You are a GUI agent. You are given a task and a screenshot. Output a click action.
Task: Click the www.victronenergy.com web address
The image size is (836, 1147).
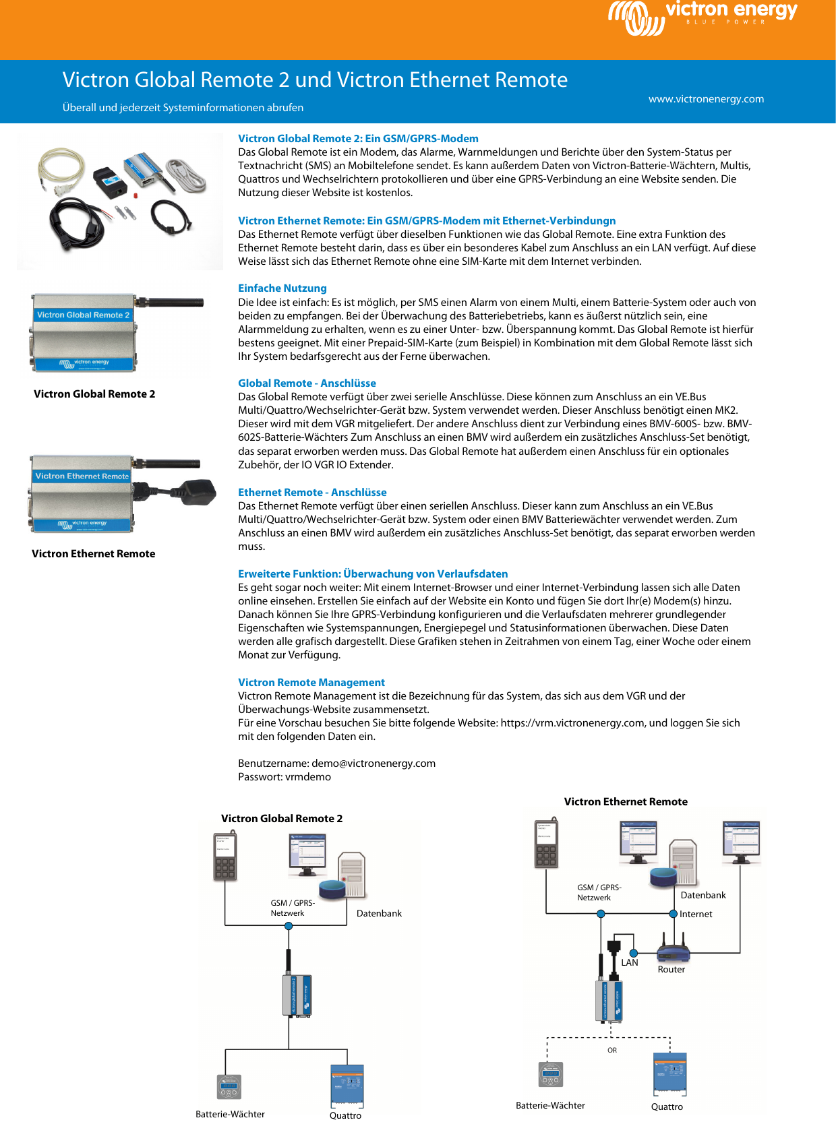click(x=706, y=99)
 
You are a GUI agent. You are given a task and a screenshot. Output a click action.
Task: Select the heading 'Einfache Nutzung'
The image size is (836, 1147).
click(x=282, y=288)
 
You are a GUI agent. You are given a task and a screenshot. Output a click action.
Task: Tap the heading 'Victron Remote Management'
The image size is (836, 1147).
click(x=311, y=683)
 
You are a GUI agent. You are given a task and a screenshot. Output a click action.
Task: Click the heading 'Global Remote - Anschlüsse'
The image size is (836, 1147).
click(x=307, y=383)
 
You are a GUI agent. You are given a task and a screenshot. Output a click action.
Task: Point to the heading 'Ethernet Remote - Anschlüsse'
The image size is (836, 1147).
click(x=312, y=493)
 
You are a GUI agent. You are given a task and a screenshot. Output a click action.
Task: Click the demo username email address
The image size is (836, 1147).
click(x=374, y=764)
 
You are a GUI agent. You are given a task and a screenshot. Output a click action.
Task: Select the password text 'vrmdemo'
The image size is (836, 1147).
click(x=308, y=777)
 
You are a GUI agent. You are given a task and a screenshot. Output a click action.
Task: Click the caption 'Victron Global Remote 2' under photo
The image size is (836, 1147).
click(x=94, y=394)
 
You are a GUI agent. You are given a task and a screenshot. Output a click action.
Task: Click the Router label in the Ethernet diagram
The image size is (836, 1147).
click(x=671, y=970)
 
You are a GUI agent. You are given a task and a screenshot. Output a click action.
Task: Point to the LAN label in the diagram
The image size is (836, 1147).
click(x=629, y=963)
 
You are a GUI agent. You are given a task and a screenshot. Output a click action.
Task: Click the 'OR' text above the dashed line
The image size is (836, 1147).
click(x=611, y=1051)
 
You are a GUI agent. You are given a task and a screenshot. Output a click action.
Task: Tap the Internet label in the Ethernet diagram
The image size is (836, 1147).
click(x=696, y=914)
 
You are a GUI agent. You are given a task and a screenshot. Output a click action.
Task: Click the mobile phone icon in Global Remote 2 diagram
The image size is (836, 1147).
click(x=225, y=857)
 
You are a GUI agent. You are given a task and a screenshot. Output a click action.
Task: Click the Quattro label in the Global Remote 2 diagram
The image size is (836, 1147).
click(x=345, y=1116)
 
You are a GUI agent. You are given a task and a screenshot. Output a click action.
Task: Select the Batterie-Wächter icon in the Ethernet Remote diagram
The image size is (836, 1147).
click(x=551, y=1075)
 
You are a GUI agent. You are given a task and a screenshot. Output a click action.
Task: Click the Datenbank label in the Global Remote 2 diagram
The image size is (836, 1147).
click(x=379, y=914)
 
